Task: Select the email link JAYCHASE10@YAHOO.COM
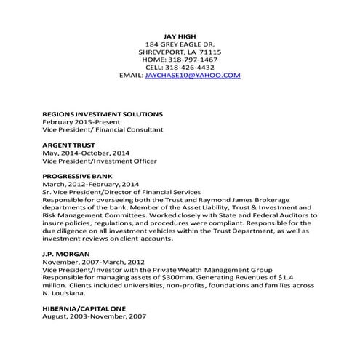pyautogui.click(x=193, y=75)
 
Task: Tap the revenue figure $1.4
pyautogui.click(x=306, y=277)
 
